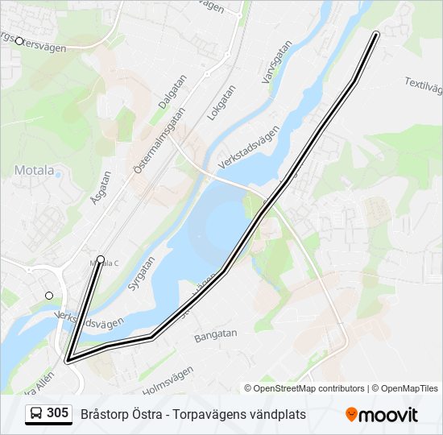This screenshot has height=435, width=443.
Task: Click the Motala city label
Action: pos(34,171)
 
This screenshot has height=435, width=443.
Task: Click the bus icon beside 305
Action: pos(36,414)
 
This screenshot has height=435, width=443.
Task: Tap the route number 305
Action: pos(57,413)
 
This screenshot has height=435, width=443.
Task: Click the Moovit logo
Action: pos(382,415)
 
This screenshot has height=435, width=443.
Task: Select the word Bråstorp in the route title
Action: pos(104,414)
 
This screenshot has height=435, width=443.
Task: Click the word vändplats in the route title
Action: pos(276,414)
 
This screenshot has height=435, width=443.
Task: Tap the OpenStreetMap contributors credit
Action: pos(308,388)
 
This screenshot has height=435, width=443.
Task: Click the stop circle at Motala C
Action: pos(101,259)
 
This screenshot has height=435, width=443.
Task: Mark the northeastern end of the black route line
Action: pos(376,34)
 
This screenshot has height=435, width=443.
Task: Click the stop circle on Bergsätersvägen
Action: pos(19,40)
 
